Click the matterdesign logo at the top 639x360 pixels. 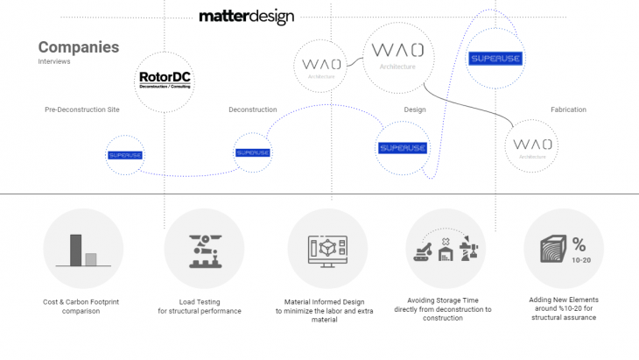[x=246, y=17]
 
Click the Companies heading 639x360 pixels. [x=78, y=47]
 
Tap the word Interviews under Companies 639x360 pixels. [x=53, y=62]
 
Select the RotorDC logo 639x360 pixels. [x=165, y=80]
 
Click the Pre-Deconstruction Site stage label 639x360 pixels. [x=82, y=109]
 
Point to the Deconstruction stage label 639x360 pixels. [x=252, y=109]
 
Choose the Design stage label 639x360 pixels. [x=415, y=109]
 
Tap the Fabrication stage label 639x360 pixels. [x=568, y=109]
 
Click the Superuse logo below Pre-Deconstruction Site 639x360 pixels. [x=124, y=154]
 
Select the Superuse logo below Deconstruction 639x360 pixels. [x=253, y=152]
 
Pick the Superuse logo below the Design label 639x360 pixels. [x=403, y=147]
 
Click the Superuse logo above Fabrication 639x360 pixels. [x=495, y=59]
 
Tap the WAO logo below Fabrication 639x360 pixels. [x=532, y=145]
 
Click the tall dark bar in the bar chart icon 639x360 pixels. [x=75, y=249]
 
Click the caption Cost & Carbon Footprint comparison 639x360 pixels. [x=82, y=306]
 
